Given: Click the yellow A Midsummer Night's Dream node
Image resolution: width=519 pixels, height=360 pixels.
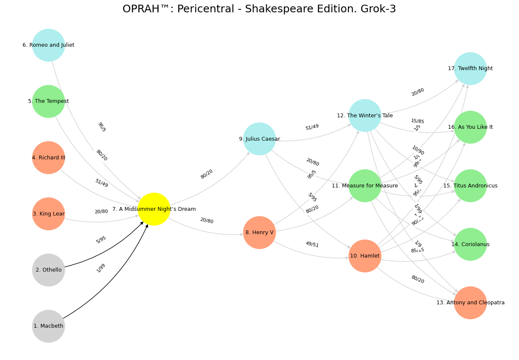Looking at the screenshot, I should click(154, 209).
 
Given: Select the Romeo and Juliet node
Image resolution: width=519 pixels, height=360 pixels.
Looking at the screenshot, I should click(48, 45).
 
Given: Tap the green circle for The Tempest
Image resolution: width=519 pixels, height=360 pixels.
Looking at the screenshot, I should click(48, 101).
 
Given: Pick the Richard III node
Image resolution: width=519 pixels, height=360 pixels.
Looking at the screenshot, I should click(48, 158).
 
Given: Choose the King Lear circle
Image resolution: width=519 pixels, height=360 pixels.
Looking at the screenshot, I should click(48, 214).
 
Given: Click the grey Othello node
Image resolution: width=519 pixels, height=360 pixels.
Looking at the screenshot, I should click(48, 270).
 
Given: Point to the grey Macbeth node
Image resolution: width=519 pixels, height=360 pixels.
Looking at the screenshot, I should click(48, 326).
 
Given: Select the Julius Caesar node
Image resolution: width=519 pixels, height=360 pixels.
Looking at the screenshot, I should click(259, 139).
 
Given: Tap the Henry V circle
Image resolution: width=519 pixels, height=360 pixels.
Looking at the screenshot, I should click(259, 232).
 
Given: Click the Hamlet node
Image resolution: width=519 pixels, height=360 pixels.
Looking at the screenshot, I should click(365, 256).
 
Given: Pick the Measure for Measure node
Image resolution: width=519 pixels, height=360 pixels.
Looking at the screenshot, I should click(365, 186).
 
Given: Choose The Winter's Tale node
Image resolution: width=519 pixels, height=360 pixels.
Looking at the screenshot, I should click(365, 116).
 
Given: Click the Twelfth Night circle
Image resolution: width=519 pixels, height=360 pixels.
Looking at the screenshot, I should click(470, 68).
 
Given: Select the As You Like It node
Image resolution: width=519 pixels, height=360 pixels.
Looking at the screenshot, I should click(470, 127).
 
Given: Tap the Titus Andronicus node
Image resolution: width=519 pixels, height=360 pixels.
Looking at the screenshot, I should click(470, 186).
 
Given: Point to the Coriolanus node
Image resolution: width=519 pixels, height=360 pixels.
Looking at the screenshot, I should click(470, 244).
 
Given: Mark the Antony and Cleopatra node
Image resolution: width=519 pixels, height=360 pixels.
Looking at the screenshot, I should click(470, 303).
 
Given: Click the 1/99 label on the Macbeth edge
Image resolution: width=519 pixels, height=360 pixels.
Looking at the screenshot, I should click(101, 268).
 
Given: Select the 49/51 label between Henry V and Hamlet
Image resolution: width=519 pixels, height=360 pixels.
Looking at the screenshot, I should click(312, 244).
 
